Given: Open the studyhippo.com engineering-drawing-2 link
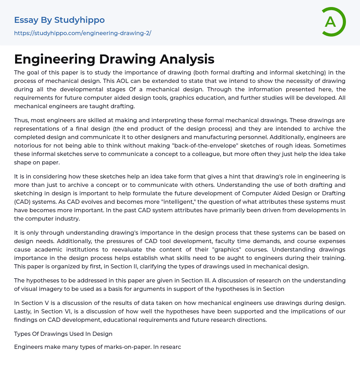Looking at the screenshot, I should [83, 33].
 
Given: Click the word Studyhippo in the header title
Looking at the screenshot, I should [79, 20].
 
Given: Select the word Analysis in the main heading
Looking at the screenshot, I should [187, 59].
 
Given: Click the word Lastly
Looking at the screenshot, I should [24, 311].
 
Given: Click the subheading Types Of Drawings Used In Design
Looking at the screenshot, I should [63, 334].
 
